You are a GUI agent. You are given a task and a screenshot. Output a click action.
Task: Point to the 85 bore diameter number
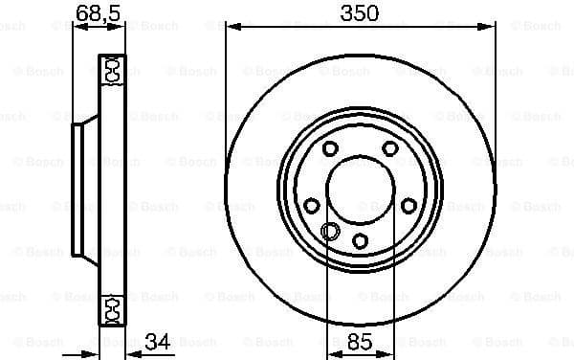[360, 341]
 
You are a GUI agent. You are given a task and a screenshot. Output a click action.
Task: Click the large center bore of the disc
[360, 187]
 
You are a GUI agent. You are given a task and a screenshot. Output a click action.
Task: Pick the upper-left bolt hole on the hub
[329, 148]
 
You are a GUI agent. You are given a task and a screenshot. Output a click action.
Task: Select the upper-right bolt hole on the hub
[390, 148]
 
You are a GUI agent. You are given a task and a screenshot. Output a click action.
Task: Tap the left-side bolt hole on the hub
[311, 206]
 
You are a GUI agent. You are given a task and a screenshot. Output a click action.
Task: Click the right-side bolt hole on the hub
[408, 206]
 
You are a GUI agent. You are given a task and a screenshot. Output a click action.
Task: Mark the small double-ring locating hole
[331, 231]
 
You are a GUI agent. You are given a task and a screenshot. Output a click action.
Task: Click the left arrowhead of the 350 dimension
[230, 27]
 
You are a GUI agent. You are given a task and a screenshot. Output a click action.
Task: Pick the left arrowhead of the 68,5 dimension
[77, 27]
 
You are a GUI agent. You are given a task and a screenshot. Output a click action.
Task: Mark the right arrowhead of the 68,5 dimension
[121, 27]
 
